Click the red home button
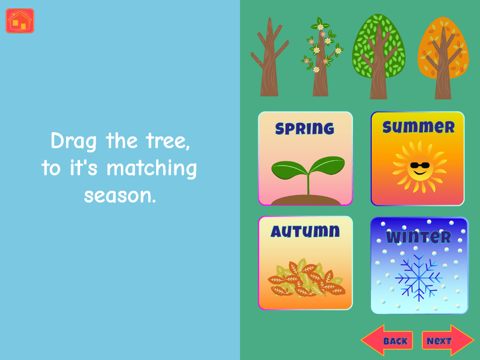[x=20, y=21]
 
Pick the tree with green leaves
[x=379, y=57]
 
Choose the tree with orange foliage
[x=443, y=58]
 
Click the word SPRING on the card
[x=305, y=128]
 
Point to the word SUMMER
[x=419, y=127]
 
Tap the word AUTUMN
[x=305, y=231]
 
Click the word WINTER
[x=419, y=237]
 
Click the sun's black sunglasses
[x=420, y=165]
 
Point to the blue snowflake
[x=419, y=277]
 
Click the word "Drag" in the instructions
[x=74, y=142]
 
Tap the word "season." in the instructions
[x=120, y=196]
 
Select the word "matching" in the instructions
[x=151, y=169]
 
